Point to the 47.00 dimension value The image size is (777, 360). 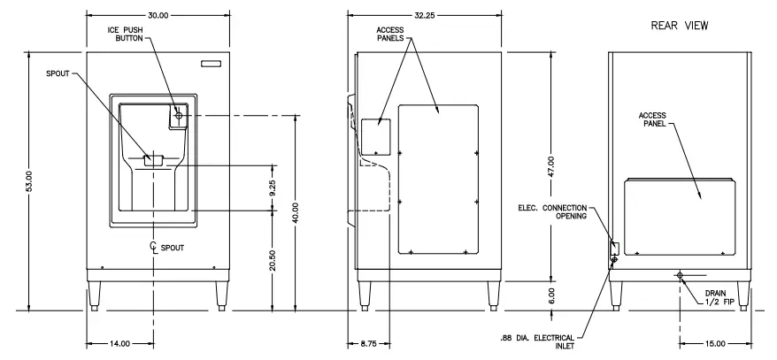click(550, 167)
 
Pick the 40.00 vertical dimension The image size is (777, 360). click(295, 213)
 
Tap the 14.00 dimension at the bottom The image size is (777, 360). click(119, 342)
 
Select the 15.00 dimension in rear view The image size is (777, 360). click(715, 342)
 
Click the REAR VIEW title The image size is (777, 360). click(681, 26)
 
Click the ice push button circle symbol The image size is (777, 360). click(179, 115)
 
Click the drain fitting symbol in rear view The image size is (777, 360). click(679, 276)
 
